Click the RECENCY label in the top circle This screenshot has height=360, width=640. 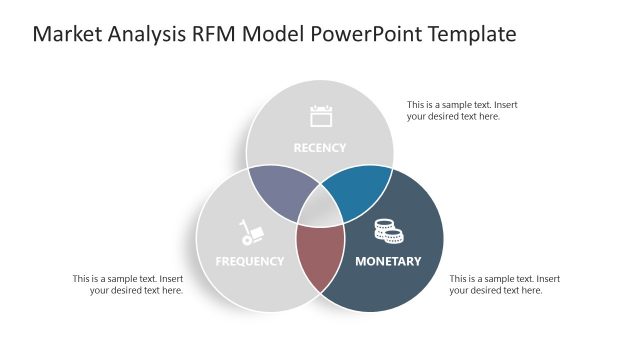319,148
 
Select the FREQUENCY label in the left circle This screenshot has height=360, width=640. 250,262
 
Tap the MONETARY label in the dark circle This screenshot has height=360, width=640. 388,262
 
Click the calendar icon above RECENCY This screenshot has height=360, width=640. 320,116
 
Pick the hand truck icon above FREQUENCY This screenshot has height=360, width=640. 250,233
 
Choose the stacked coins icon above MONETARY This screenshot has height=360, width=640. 388,231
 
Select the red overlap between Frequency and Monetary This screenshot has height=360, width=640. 320,256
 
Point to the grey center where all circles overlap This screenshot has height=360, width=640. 320,210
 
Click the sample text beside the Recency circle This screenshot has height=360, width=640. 461,110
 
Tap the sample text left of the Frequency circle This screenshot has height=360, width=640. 128,284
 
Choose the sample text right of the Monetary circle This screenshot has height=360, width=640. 504,284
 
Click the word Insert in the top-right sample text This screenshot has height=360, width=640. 505,105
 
